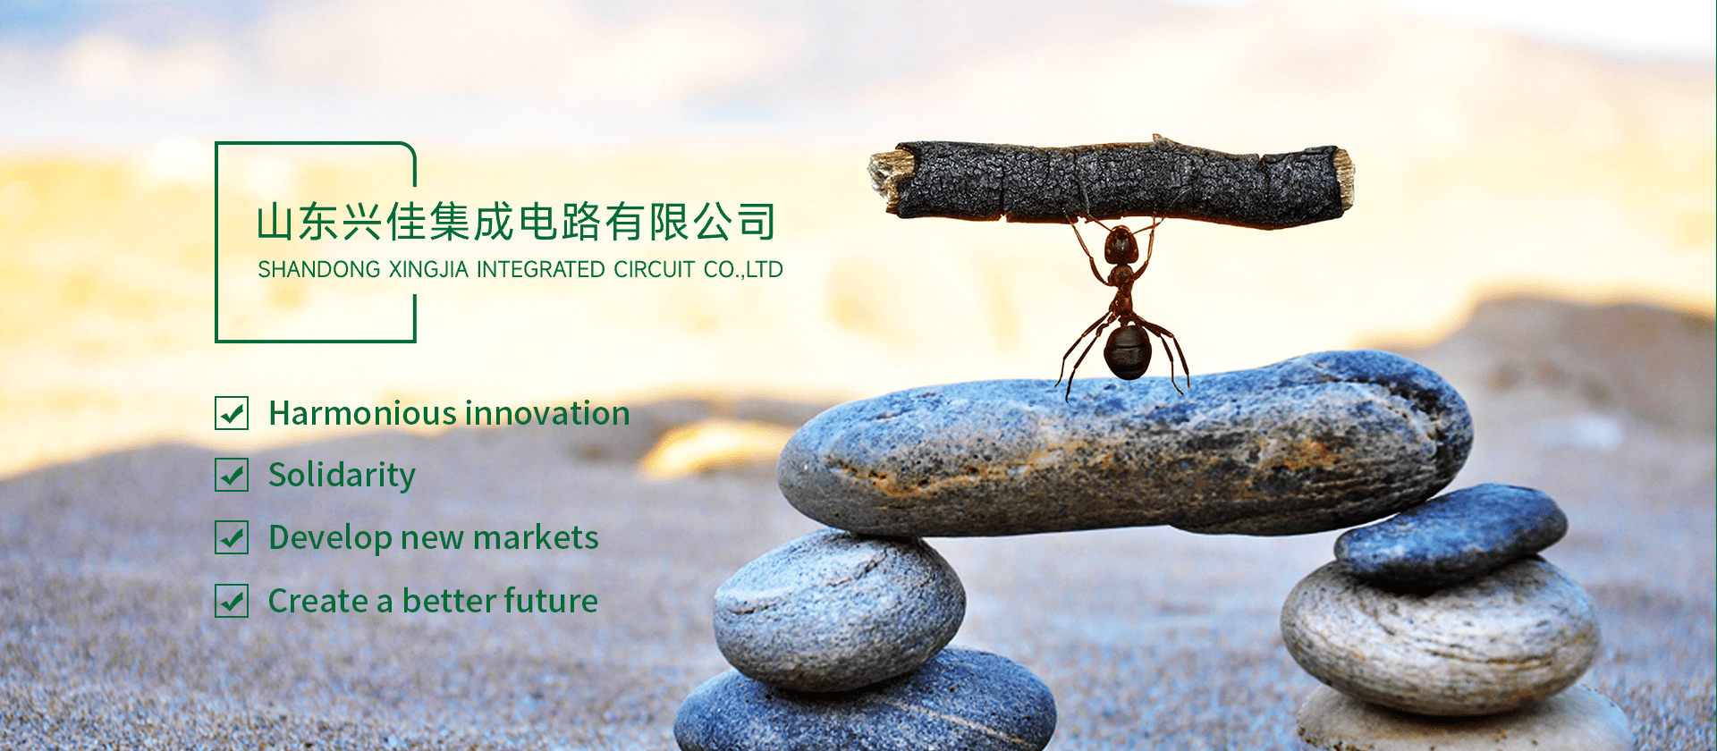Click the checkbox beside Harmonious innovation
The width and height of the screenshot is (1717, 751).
(x=232, y=413)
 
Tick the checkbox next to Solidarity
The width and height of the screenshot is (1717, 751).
(x=232, y=475)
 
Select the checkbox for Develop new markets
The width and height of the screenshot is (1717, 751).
(x=232, y=537)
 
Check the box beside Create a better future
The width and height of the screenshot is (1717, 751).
(x=232, y=601)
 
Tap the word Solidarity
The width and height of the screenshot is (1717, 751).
(x=342, y=476)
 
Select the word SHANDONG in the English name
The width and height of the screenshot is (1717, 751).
(x=319, y=269)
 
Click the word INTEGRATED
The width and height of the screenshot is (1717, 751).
(x=541, y=269)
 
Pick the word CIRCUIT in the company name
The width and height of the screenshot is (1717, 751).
(x=654, y=269)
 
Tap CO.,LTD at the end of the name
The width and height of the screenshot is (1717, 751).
(x=743, y=269)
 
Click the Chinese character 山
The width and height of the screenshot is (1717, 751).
(x=275, y=222)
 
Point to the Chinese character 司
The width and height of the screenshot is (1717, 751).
(x=757, y=222)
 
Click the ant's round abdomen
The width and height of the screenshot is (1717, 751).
(x=1127, y=351)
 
